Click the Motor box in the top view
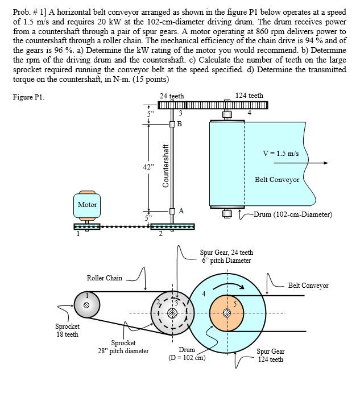click(87, 205)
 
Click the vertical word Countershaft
click(166, 166)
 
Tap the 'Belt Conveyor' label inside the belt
click(276, 179)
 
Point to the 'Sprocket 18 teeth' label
click(67, 330)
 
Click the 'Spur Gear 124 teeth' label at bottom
click(270, 355)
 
